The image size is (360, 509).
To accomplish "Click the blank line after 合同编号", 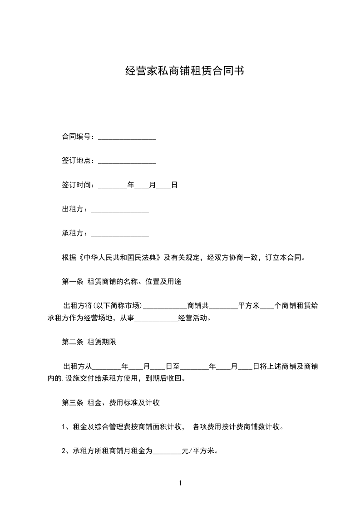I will (127, 137).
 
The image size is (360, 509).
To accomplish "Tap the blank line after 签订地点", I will (127, 162).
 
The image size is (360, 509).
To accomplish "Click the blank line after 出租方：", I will (120, 210).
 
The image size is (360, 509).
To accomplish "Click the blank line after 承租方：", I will (120, 234).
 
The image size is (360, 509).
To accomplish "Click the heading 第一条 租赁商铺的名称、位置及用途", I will (122, 282).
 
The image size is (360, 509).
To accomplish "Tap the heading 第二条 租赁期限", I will (89, 342).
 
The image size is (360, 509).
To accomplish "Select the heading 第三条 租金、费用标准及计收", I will (110, 402).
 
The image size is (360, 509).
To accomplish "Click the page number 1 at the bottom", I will (180, 483).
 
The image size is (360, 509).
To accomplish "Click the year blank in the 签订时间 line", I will (113, 186).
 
